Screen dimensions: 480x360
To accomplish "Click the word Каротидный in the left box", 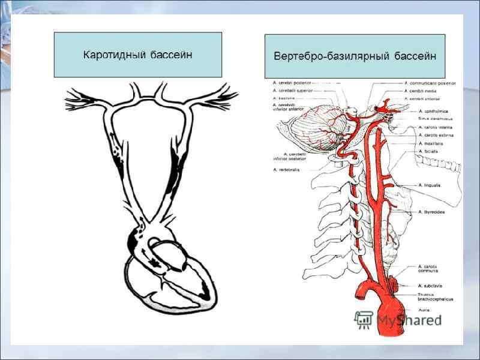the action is click(115, 55).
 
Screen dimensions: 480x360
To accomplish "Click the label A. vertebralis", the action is click(287, 170).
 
